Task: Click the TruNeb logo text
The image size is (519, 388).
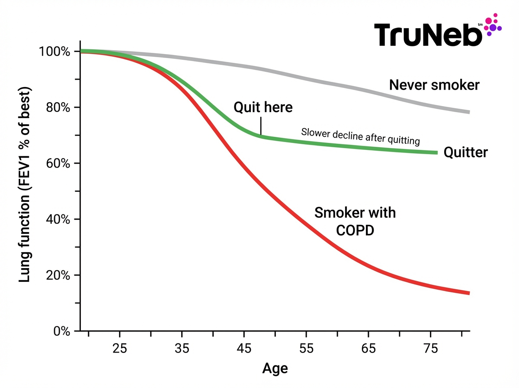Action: click(x=428, y=34)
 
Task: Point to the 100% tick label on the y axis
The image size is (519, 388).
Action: click(x=54, y=52)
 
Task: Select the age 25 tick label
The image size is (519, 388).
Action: click(x=119, y=348)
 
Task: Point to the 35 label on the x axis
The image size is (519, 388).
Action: click(x=182, y=348)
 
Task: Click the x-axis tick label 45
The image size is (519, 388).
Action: click(x=244, y=348)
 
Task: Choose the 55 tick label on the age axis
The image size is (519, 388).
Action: click(x=306, y=348)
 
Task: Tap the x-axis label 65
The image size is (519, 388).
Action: click(x=368, y=348)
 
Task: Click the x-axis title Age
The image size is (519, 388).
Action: click(x=275, y=369)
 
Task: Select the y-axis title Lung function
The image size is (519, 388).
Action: click(x=25, y=185)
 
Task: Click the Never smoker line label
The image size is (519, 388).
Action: click(x=434, y=85)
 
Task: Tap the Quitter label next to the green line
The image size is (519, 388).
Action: click(x=465, y=152)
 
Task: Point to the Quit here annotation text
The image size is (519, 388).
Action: click(x=263, y=107)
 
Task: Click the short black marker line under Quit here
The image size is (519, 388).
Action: click(x=261, y=126)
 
